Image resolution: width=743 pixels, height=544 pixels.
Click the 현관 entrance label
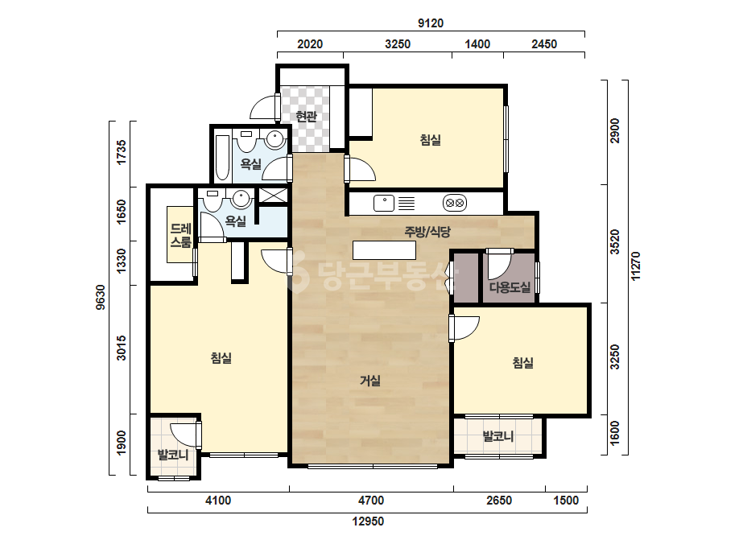(306, 116)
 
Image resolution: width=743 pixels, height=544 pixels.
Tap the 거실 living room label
(370, 381)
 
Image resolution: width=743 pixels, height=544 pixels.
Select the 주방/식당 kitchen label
(427, 232)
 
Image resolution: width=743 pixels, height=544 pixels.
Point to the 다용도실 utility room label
(510, 287)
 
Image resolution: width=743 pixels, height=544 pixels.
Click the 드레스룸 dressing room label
(180, 236)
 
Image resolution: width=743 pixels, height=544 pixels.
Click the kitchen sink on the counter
(384, 204)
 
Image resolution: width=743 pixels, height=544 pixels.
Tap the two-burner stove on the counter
(455, 204)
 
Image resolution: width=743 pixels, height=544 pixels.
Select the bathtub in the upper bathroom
(221, 158)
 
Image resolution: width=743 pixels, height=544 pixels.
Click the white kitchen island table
(384, 250)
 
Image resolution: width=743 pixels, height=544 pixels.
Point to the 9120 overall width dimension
(430, 23)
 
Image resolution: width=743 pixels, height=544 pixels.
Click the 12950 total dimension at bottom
(368, 521)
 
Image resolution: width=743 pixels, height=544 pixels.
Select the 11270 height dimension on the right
(635, 266)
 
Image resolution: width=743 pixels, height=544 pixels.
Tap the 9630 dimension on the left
(101, 297)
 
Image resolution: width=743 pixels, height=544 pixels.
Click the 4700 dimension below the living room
(371, 501)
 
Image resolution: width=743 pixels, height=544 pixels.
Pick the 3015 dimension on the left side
(122, 348)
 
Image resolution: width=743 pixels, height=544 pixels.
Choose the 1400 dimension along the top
(477, 44)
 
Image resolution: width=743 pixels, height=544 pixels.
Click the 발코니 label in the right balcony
(498, 436)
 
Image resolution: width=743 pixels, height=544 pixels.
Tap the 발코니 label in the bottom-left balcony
(173, 455)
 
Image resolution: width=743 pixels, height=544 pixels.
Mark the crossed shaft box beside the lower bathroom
(274, 196)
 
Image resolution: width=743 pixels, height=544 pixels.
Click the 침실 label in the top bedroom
(430, 140)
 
